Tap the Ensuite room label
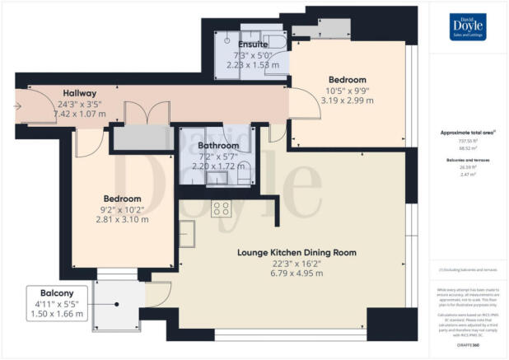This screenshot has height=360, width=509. [x=252, y=44]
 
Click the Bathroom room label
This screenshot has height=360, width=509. [x=218, y=145]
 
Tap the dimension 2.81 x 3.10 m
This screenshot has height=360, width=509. [x=122, y=220]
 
